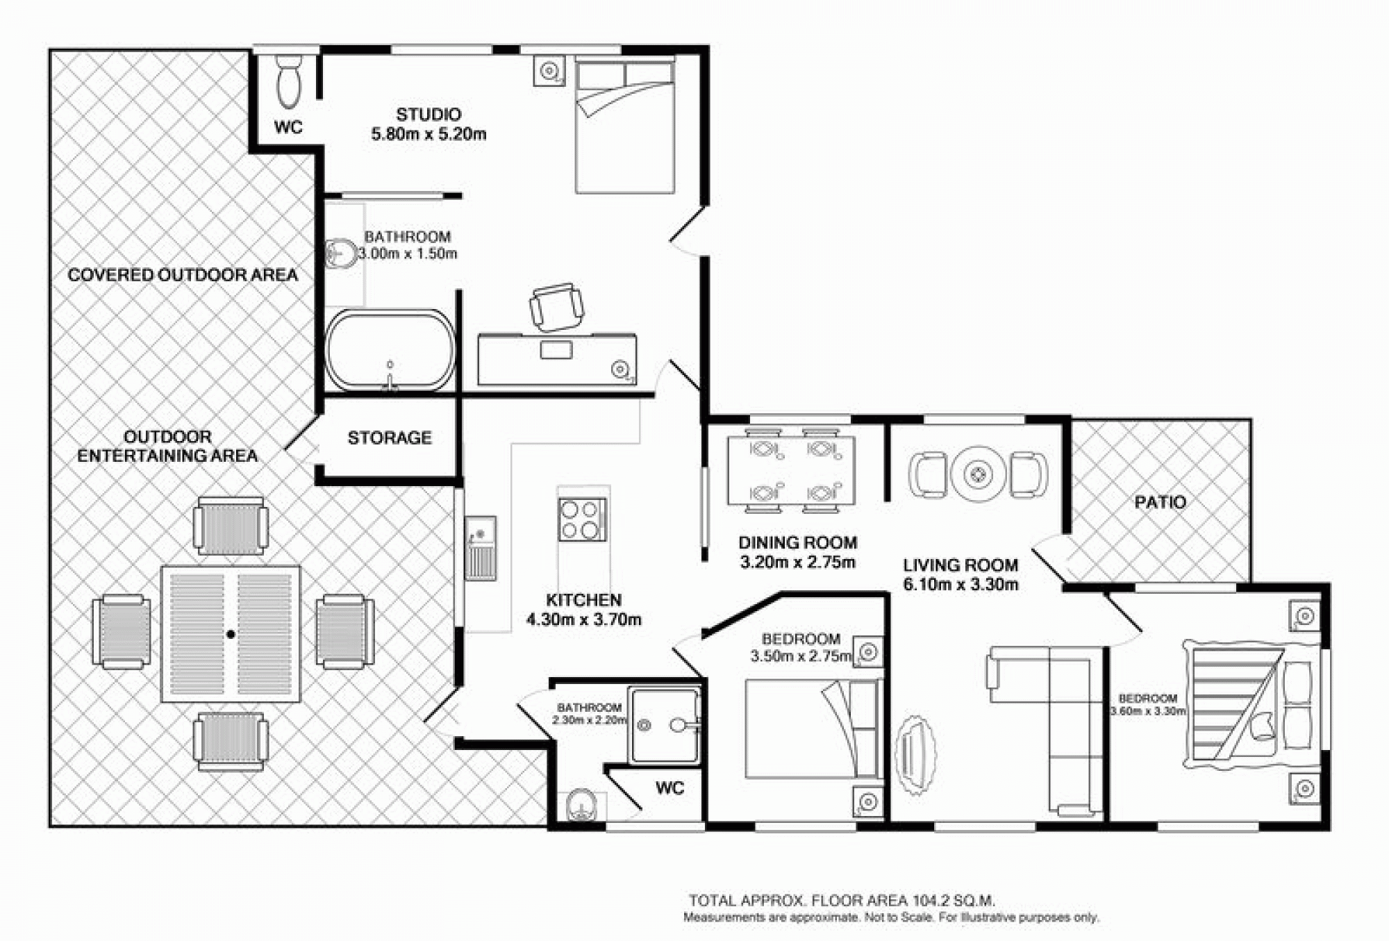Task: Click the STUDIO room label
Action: pos(429,114)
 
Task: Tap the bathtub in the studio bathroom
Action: pos(390,350)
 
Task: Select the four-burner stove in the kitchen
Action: pos(582,519)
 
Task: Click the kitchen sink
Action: pos(480,548)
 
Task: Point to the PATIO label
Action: pos(1160,502)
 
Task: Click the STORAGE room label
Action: pos(390,438)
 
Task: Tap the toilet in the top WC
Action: pos(289,81)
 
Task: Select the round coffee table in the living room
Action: pos(979,475)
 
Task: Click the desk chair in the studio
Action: pos(556,307)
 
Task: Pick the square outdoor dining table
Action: pos(231,633)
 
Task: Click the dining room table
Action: pos(791,471)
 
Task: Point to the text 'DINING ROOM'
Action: pos(797,542)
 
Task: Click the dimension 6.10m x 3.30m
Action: pos(960,585)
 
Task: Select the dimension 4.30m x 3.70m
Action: pos(583,619)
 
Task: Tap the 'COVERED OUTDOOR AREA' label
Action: pos(183,275)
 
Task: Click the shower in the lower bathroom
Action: pos(664,726)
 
